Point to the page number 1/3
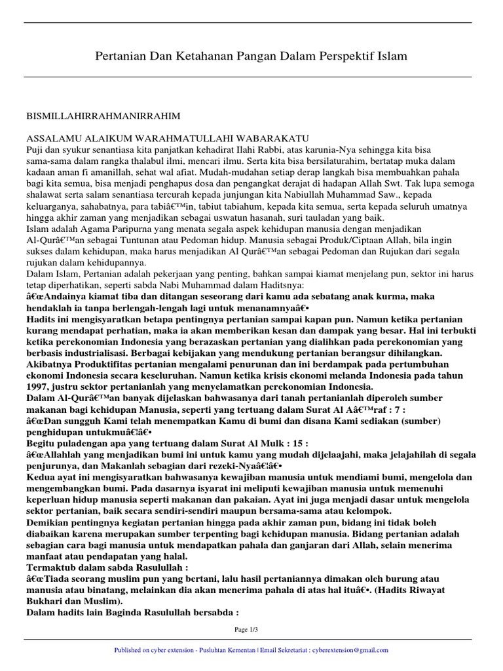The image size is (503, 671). (x=251, y=630)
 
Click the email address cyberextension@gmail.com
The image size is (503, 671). (x=354, y=650)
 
